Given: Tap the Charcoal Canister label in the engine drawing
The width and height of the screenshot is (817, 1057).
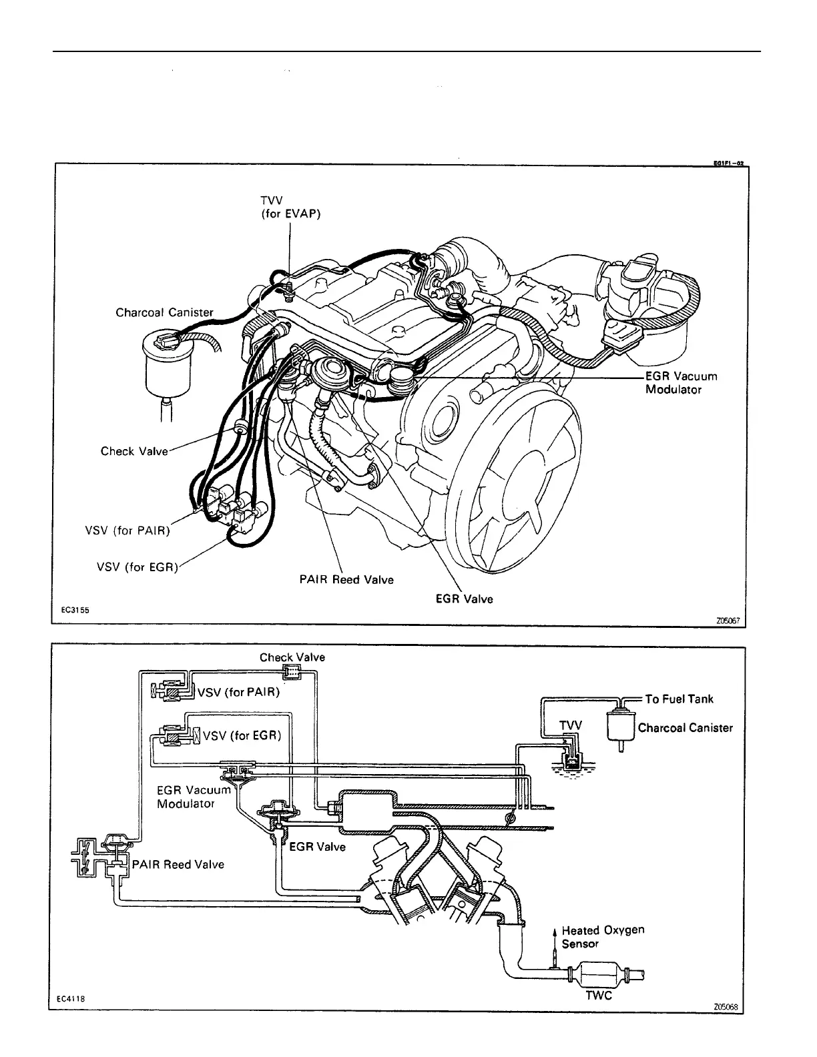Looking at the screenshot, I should point(164,312).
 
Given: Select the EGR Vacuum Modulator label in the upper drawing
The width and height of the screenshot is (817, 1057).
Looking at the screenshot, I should point(680,382).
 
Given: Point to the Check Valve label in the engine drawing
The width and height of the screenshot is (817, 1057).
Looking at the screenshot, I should point(134,451).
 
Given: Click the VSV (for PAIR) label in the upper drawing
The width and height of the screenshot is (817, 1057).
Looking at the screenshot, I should point(127,531).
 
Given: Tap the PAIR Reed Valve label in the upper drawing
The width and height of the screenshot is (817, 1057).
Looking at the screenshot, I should point(346,580).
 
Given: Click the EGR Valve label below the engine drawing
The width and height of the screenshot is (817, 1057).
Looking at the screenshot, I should point(464,599).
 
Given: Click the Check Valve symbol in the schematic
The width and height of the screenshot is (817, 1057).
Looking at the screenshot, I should point(291,672).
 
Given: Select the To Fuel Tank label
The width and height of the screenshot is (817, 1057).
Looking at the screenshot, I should point(679,699).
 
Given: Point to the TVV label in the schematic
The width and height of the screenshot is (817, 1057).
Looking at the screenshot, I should point(570,725).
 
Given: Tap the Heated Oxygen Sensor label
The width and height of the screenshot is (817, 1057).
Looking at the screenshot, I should point(603,936).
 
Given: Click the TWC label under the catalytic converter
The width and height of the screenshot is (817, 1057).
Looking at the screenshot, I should point(598,996).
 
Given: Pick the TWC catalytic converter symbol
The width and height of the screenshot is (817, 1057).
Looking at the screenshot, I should point(600,975).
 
